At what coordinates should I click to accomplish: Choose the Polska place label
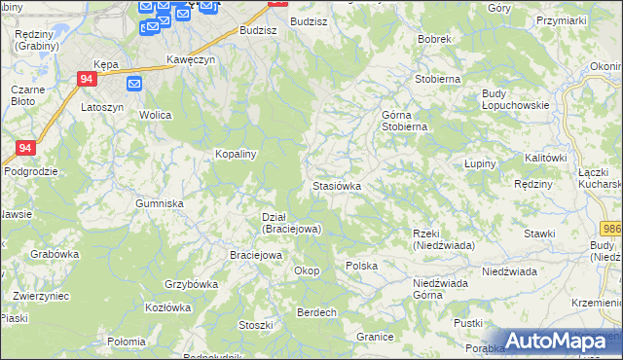click(x=361, y=265)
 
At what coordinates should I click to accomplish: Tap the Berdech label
click(x=316, y=312)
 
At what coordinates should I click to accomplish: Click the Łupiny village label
click(x=480, y=163)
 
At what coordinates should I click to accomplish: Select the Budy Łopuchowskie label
click(x=516, y=99)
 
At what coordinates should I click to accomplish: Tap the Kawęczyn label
click(x=190, y=58)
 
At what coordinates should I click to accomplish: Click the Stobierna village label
click(x=436, y=79)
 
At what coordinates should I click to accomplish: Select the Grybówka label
click(x=191, y=284)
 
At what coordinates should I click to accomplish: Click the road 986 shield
click(x=611, y=228)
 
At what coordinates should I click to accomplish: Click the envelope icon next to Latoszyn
click(x=134, y=84)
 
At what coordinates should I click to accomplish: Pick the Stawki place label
click(x=538, y=234)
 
